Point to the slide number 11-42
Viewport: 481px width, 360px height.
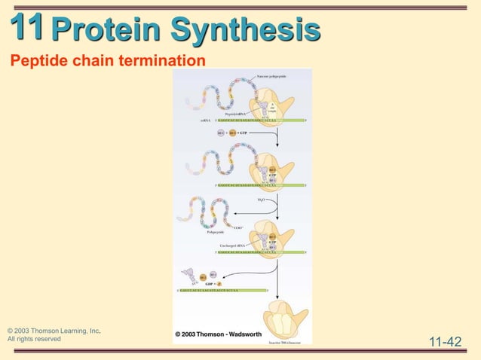point(444,343)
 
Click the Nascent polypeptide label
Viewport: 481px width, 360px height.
point(271,76)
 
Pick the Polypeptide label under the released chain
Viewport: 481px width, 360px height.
point(216,233)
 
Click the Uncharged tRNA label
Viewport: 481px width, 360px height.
point(233,246)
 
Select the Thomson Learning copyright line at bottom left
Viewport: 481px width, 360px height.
point(54,331)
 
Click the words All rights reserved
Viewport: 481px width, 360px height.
point(34,339)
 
